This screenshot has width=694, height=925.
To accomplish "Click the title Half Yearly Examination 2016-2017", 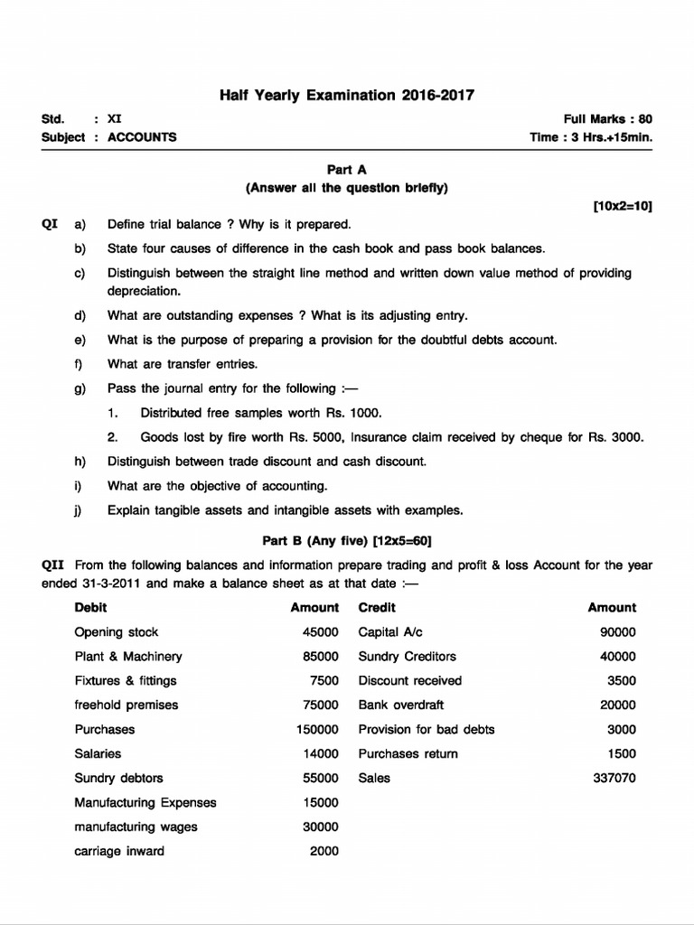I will click(x=347, y=95).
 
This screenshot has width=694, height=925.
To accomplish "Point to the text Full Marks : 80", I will click(x=607, y=119).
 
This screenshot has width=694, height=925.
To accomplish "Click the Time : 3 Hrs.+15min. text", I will click(x=591, y=137).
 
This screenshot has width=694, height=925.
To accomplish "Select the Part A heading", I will click(x=347, y=169).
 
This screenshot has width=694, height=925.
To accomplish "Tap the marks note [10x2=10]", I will click(x=623, y=206).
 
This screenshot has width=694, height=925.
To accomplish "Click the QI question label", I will click(x=51, y=224).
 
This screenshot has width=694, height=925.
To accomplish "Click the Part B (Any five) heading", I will click(x=347, y=541).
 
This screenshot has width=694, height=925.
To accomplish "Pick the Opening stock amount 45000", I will click(x=321, y=632).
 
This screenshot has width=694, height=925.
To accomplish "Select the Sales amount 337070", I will click(x=614, y=778).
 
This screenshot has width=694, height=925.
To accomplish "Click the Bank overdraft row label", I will click(x=401, y=705).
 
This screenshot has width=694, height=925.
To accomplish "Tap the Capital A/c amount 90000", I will click(x=618, y=632).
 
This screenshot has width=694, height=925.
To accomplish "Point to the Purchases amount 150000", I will click(x=317, y=729).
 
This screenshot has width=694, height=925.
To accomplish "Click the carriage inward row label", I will click(x=119, y=851).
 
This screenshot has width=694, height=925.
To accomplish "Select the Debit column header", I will click(x=90, y=608).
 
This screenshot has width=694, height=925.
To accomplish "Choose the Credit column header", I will click(x=377, y=608).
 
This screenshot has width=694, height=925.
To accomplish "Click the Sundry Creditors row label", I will click(x=408, y=657).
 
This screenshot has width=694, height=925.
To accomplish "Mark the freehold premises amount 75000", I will click(x=321, y=705).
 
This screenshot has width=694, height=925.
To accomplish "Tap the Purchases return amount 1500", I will click(x=622, y=753).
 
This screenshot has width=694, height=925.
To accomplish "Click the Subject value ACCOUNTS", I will click(x=142, y=137).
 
